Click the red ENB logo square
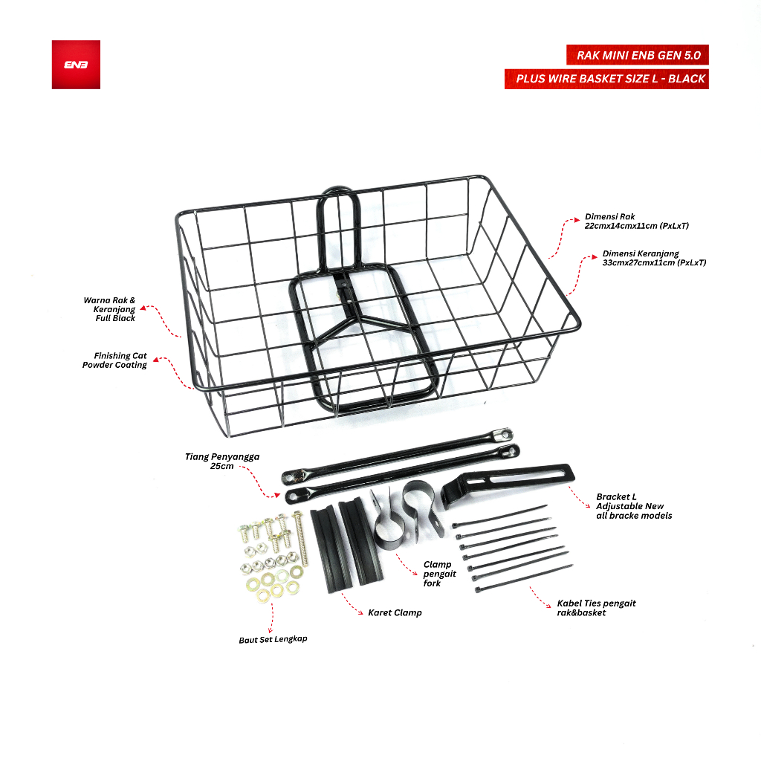coord(76,65)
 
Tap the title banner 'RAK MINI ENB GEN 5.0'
coord(637,55)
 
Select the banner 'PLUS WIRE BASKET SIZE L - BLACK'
coord(606,79)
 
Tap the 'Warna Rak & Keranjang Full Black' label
coord(110,309)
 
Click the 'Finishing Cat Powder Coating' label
coord(115,360)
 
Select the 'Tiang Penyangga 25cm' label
coord(222,461)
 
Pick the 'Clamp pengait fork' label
coord(439,574)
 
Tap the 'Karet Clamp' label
coord(395,612)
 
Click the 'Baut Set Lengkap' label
coord(273,640)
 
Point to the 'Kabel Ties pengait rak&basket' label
coord(596,608)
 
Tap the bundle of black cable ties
coord(512,548)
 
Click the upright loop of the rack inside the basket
coord(338,228)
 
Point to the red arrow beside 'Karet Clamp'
coord(352,604)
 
